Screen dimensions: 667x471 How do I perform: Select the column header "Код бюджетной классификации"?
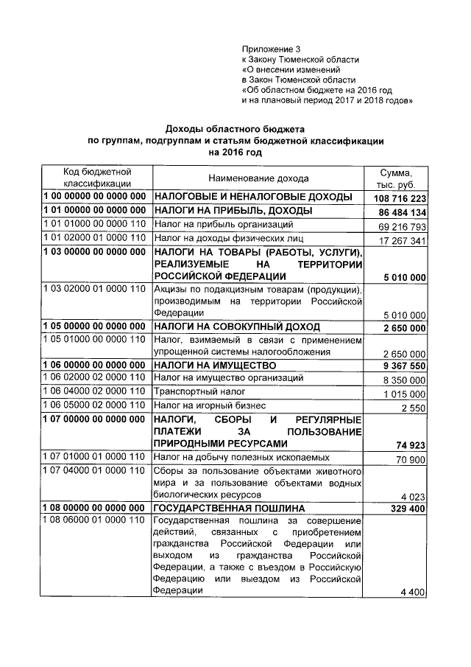pyautogui.click(x=97, y=178)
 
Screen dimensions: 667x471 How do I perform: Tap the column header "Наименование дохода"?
pyautogui.click(x=258, y=178)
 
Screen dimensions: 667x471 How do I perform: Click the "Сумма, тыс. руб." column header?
pyautogui.click(x=397, y=178)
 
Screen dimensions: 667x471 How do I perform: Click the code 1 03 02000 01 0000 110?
pyautogui.click(x=95, y=288)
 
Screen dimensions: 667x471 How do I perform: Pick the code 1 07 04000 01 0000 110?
pyautogui.click(x=95, y=470)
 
